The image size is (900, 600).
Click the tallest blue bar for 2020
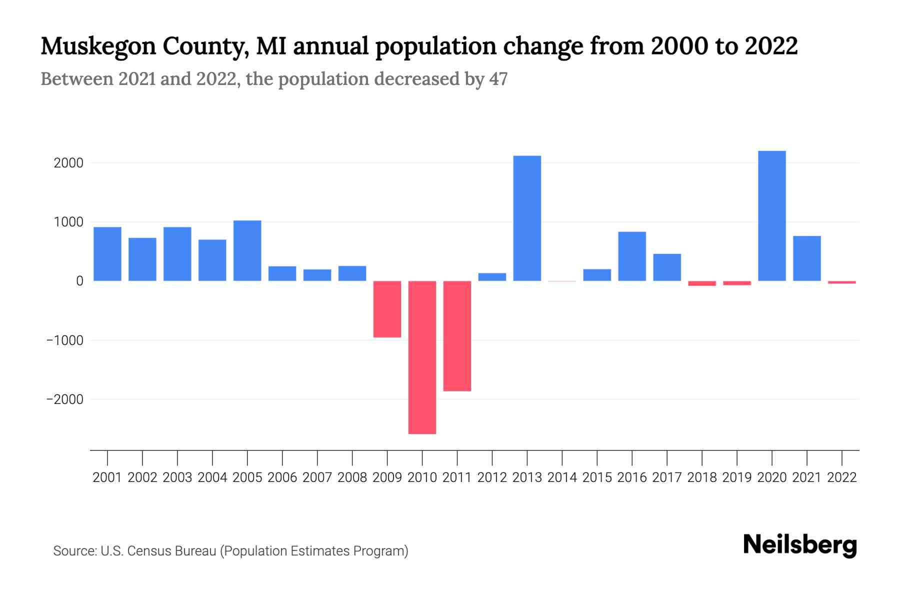pos(771,216)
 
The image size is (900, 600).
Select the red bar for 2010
pos(422,357)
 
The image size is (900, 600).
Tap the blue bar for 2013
pos(527,218)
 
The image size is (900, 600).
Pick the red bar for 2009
pos(387,309)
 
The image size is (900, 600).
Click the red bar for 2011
pos(457,336)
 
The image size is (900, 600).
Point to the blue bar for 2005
pos(247,250)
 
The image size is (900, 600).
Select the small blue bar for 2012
pos(492,277)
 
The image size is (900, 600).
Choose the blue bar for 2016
pos(632,256)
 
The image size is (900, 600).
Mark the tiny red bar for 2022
pos(841,282)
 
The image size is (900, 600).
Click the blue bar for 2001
pos(107,254)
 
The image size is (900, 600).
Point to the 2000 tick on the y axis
pos(68,163)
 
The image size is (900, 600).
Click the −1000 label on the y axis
pos(65,340)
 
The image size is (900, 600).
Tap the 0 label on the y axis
pos(79,281)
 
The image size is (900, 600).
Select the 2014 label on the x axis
pos(562,477)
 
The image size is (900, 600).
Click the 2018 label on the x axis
pos(702,477)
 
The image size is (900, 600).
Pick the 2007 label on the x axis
pos(317,477)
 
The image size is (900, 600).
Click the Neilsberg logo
pos(800,545)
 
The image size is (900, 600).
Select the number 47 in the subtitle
pos(498,79)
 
